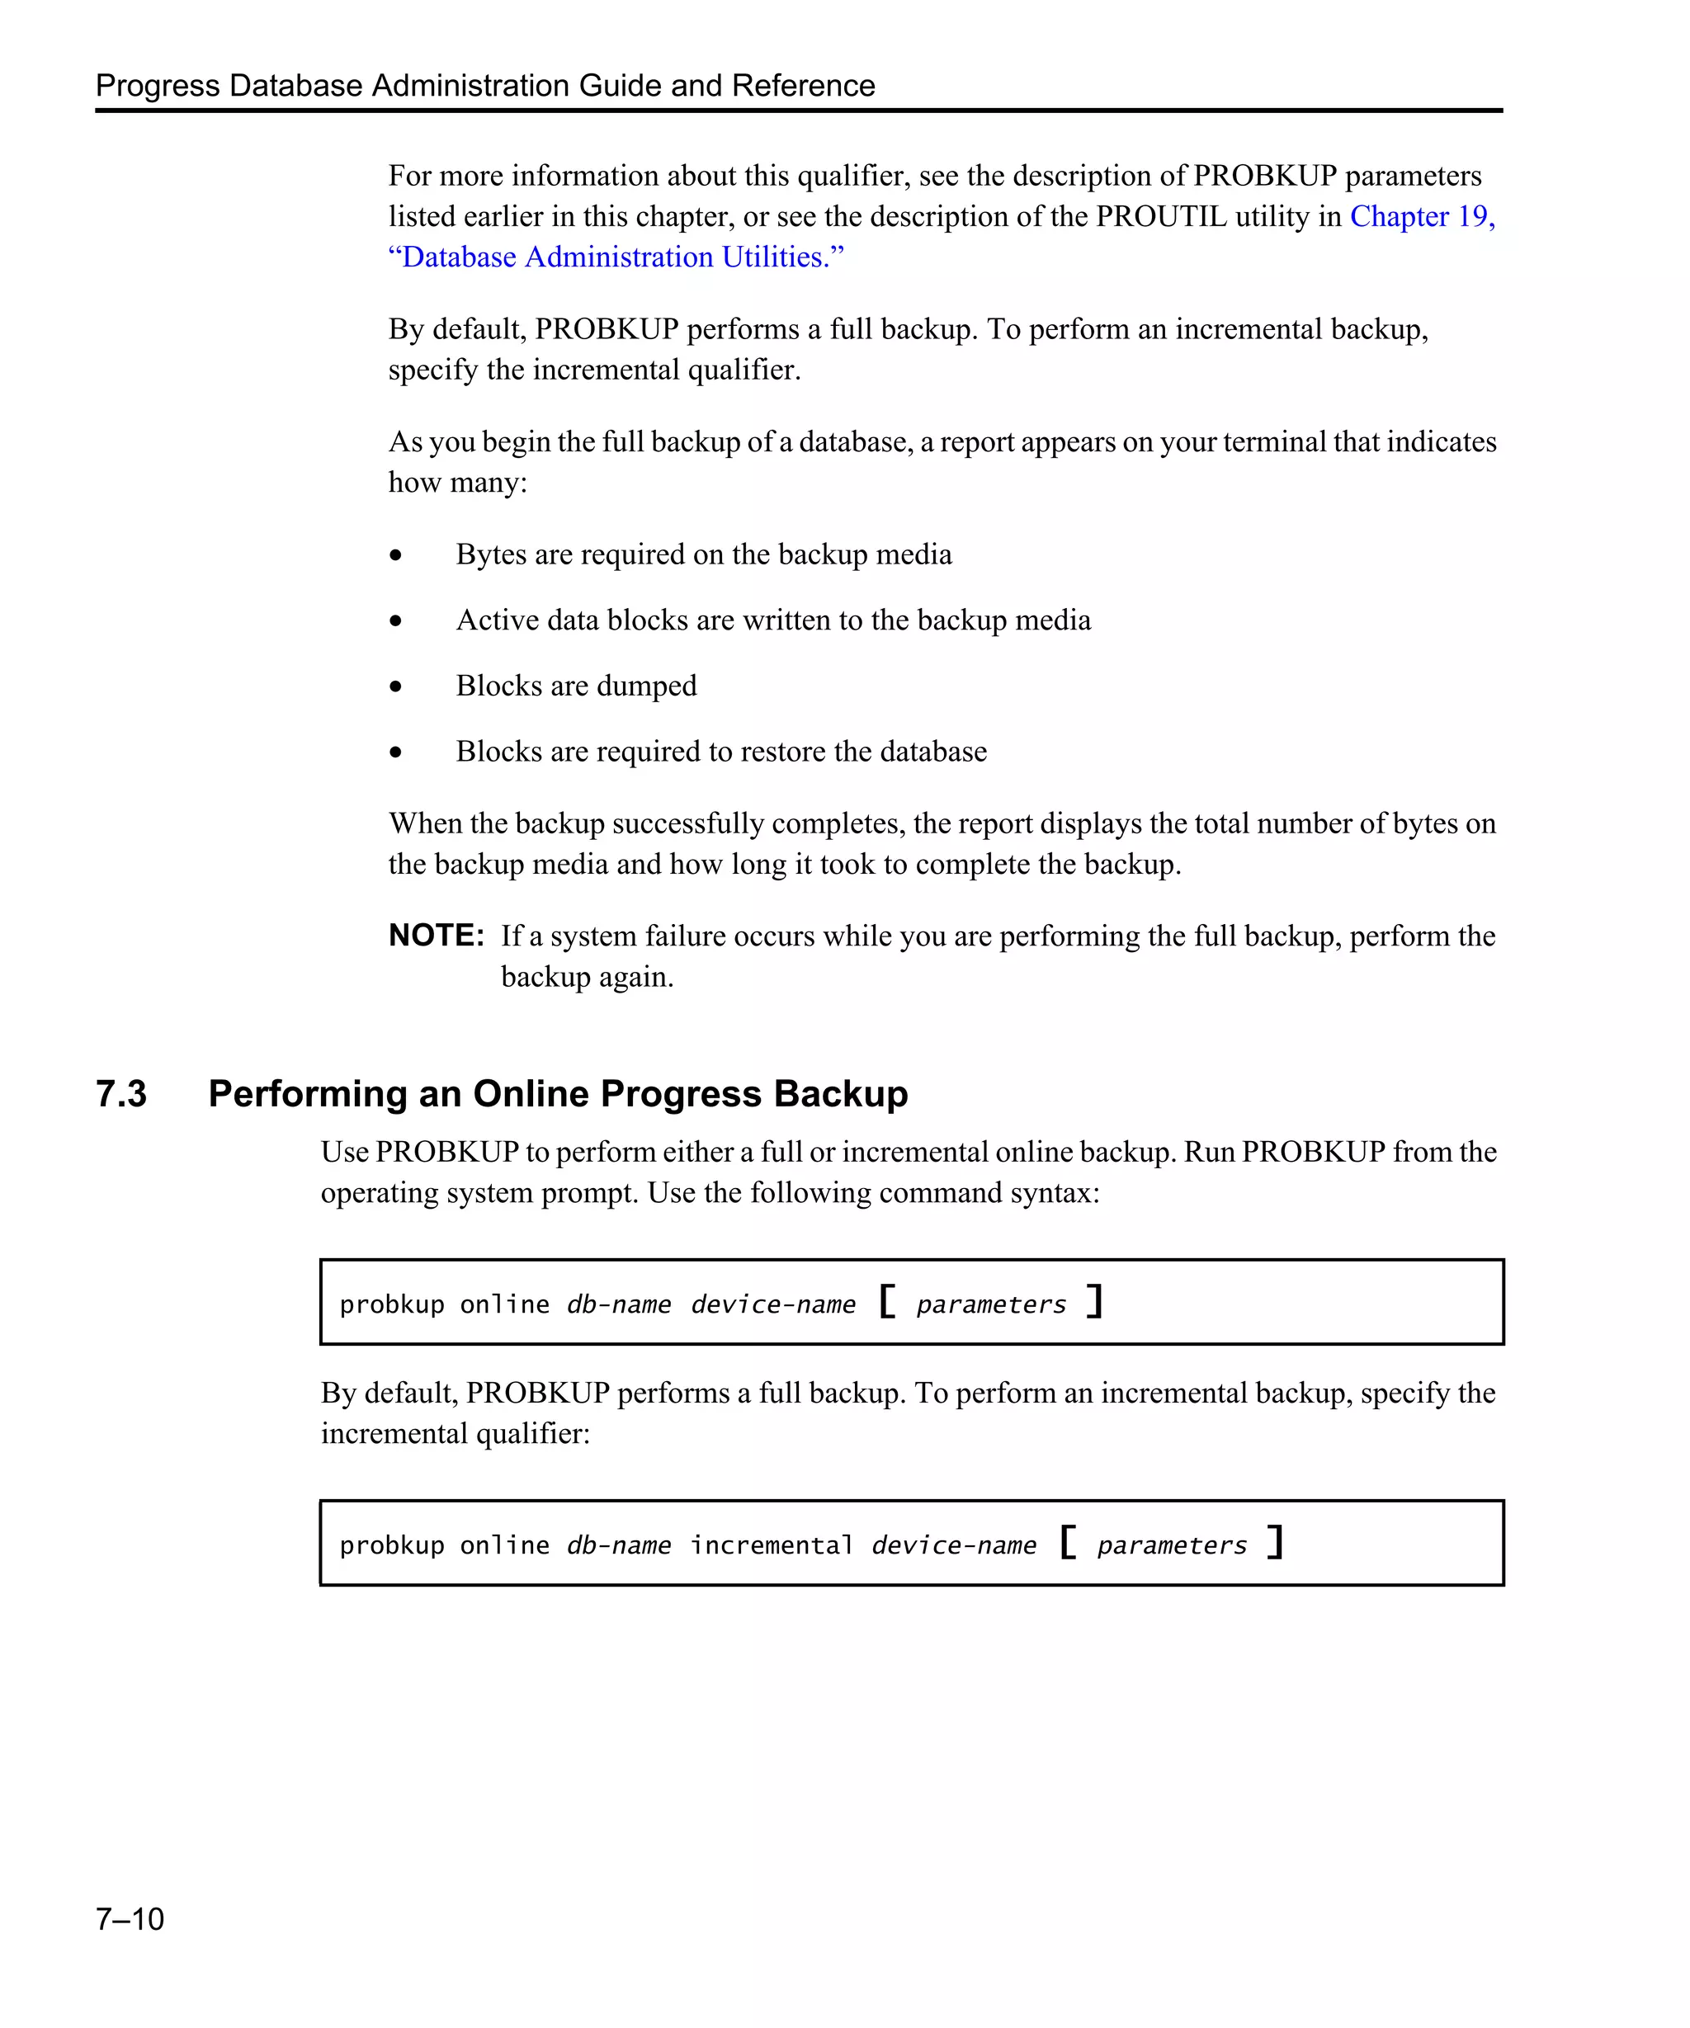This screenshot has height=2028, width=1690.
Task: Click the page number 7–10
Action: pyautogui.click(x=130, y=1918)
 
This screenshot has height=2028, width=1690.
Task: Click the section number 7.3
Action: pyautogui.click(x=120, y=1093)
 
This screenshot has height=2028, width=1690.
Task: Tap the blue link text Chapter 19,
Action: pyautogui.click(x=1422, y=216)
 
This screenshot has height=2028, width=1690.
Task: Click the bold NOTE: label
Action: pyautogui.click(x=436, y=935)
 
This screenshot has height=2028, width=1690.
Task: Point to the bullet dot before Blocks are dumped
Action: pyautogui.click(x=395, y=686)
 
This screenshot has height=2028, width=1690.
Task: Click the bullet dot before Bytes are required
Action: pyautogui.click(x=395, y=555)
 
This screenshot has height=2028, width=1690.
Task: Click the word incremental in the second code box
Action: pyautogui.click(x=771, y=1545)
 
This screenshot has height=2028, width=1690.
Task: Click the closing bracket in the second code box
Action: pyautogui.click(x=1275, y=1541)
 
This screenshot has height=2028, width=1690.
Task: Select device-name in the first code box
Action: pyautogui.click(x=772, y=1304)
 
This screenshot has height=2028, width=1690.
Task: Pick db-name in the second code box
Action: pyautogui.click(x=618, y=1545)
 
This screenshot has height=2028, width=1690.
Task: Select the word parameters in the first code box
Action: pyautogui.click(x=991, y=1304)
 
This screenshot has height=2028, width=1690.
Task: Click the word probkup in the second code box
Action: pyautogui.click(x=391, y=1545)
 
